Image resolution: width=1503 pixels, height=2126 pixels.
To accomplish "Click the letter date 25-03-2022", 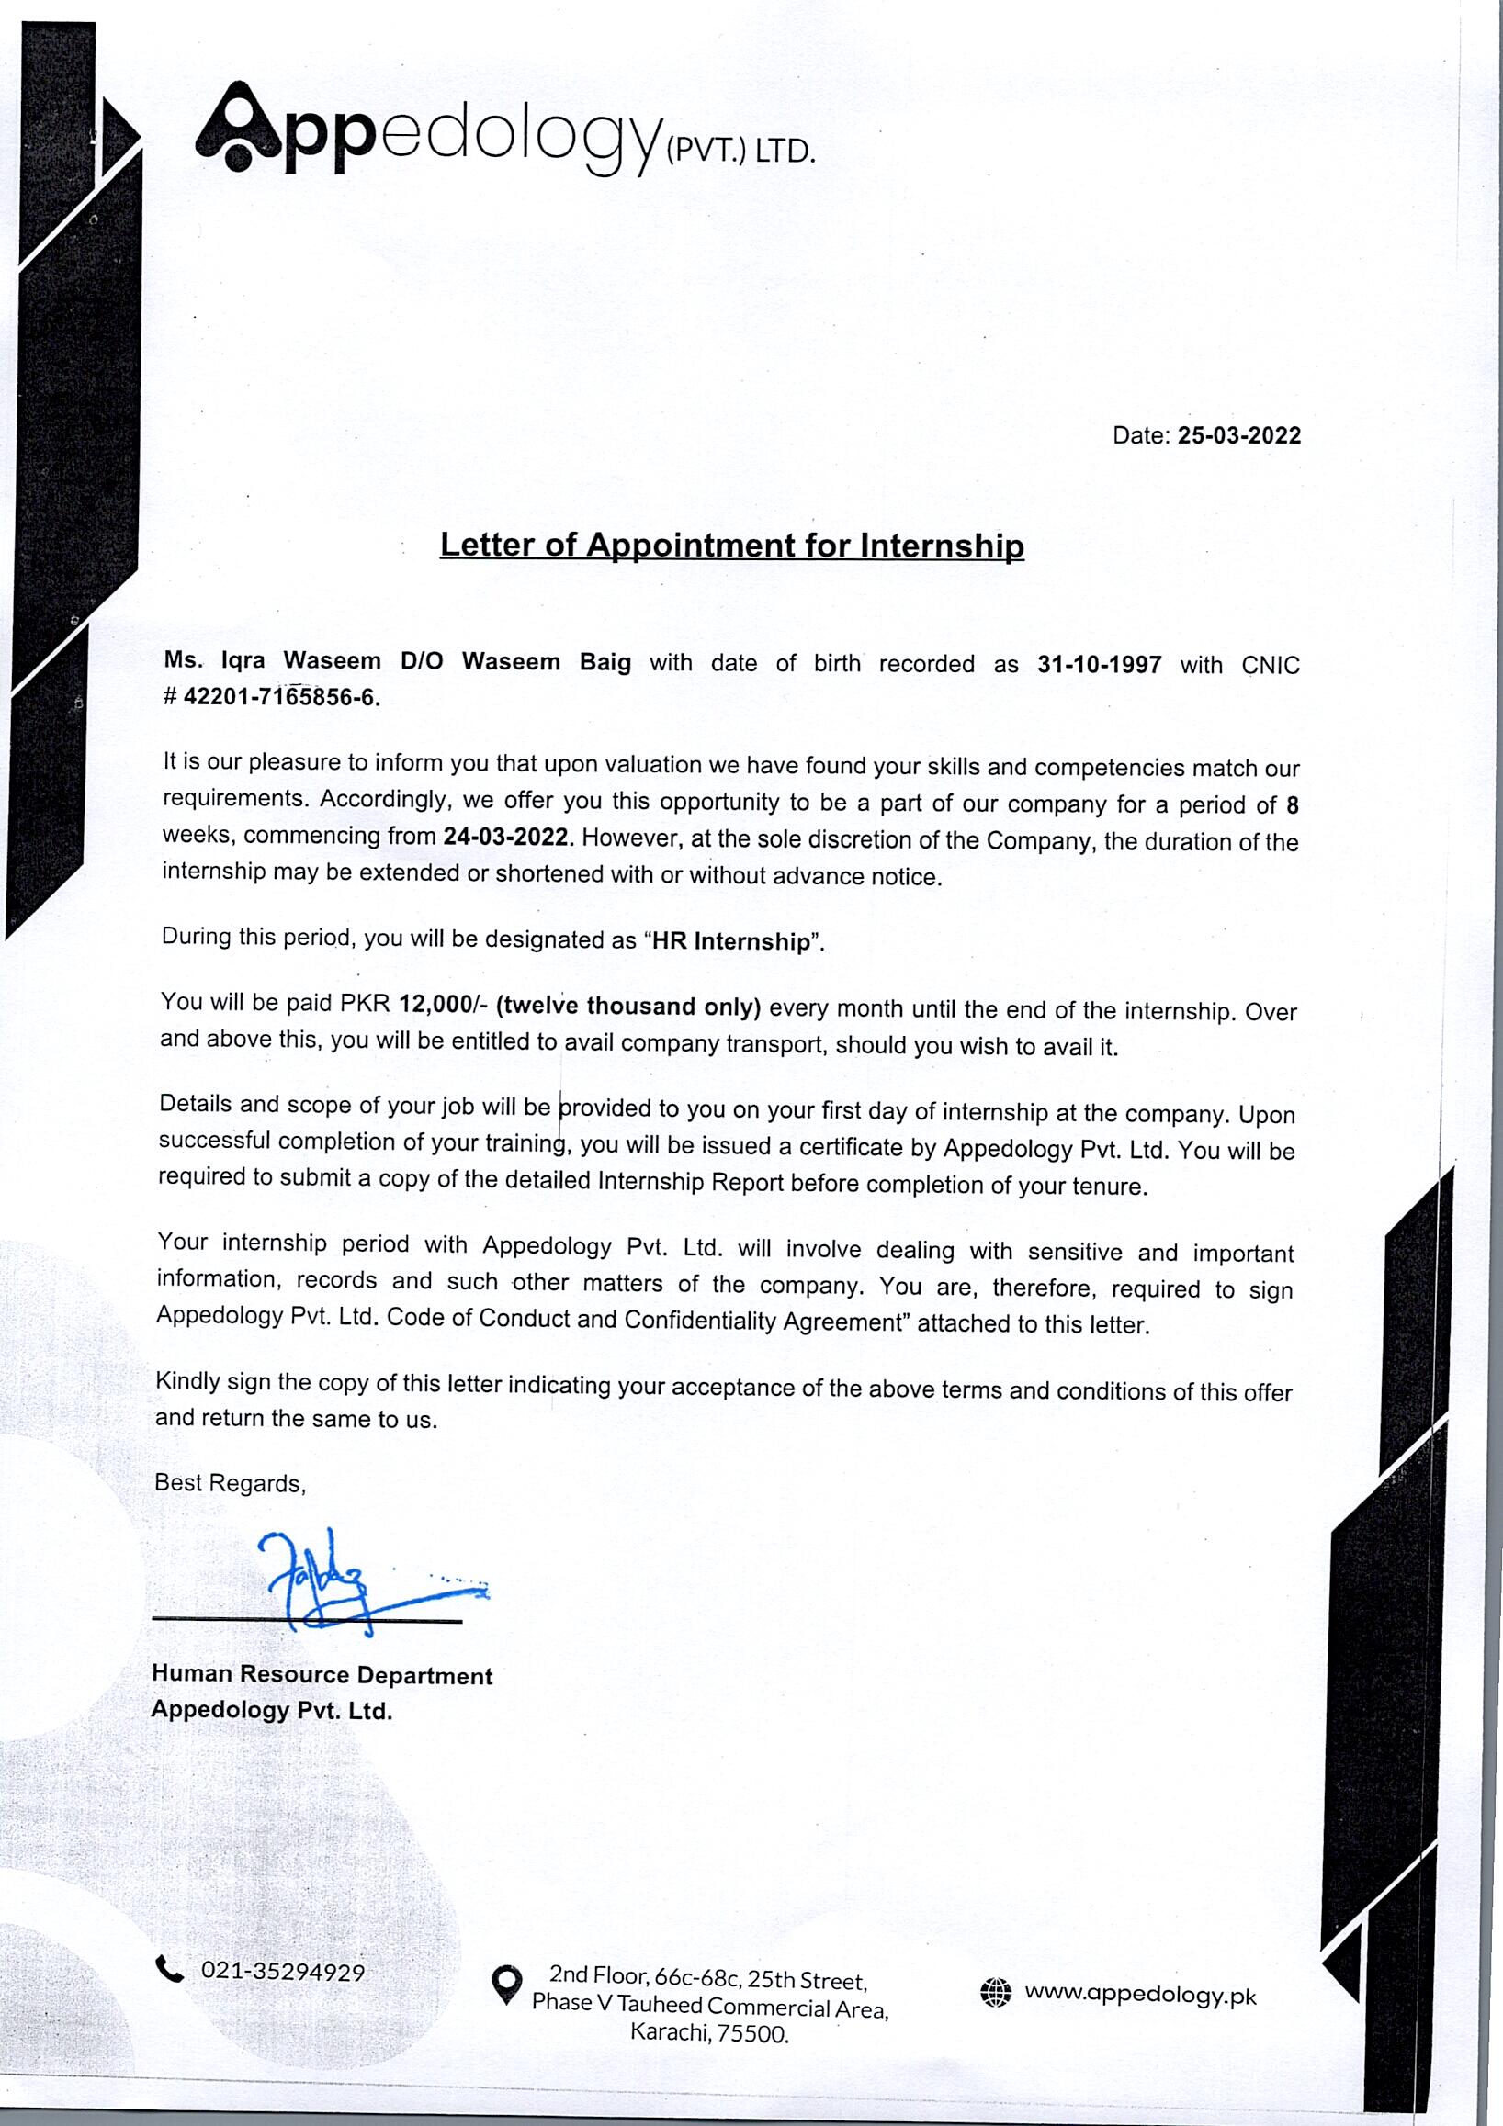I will [1238, 435].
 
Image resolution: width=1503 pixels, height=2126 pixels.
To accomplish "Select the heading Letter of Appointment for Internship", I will [731, 545].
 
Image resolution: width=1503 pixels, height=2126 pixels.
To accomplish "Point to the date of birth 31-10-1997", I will [1100, 664].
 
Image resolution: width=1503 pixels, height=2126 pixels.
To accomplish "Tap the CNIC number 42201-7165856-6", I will [280, 697].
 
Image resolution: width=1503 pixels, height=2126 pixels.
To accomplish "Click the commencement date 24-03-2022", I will [505, 836].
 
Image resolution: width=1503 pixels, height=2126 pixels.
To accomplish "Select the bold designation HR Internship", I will [730, 941].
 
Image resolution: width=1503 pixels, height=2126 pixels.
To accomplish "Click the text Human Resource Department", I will [322, 1675].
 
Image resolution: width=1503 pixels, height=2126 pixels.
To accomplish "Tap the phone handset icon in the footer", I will [168, 1970].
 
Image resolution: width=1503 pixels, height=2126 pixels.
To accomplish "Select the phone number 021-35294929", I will [282, 1973].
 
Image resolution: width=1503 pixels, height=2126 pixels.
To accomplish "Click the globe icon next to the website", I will [995, 1993].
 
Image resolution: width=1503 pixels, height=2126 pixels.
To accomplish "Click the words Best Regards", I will [229, 1483].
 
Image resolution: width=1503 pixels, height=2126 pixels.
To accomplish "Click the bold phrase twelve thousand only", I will [628, 1007].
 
